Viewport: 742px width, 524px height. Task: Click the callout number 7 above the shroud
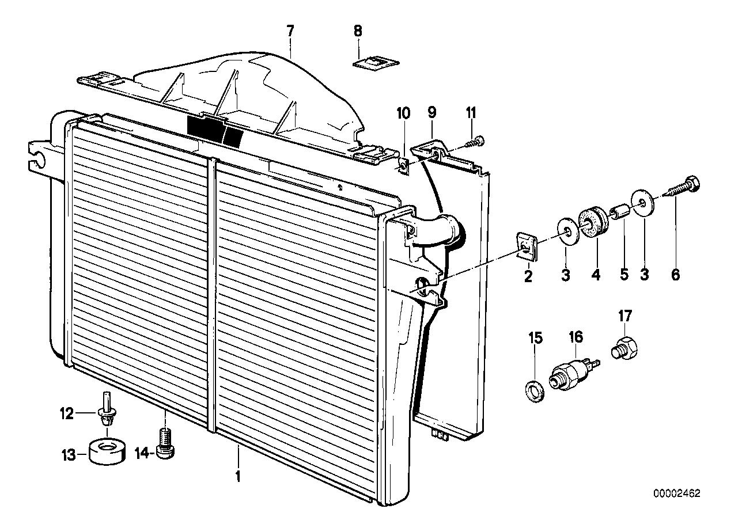[x=290, y=31]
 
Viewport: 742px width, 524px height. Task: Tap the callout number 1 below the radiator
[x=237, y=477]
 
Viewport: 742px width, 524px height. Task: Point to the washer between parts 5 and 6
[x=643, y=203]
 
